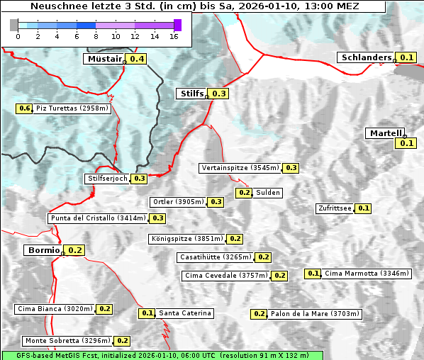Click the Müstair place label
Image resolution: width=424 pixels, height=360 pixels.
[x=104, y=59]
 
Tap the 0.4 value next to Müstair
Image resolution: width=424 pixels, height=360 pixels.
[x=136, y=59]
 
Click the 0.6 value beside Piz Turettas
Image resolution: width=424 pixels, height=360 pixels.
[x=25, y=108]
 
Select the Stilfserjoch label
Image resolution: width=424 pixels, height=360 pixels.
[x=108, y=179]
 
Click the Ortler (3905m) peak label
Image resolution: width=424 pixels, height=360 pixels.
[x=178, y=202]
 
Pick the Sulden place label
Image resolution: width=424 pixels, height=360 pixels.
[x=268, y=193]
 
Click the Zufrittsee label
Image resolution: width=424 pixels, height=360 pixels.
[x=334, y=208]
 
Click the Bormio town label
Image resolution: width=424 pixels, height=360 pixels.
[x=44, y=250]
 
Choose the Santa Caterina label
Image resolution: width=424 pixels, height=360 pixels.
[x=184, y=313]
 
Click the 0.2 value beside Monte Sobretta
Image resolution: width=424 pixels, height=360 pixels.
[x=123, y=341]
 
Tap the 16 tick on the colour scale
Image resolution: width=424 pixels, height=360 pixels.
[x=173, y=35]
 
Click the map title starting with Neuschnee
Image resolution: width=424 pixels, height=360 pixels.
[x=194, y=6]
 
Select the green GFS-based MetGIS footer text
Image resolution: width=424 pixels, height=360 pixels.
[x=162, y=355]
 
